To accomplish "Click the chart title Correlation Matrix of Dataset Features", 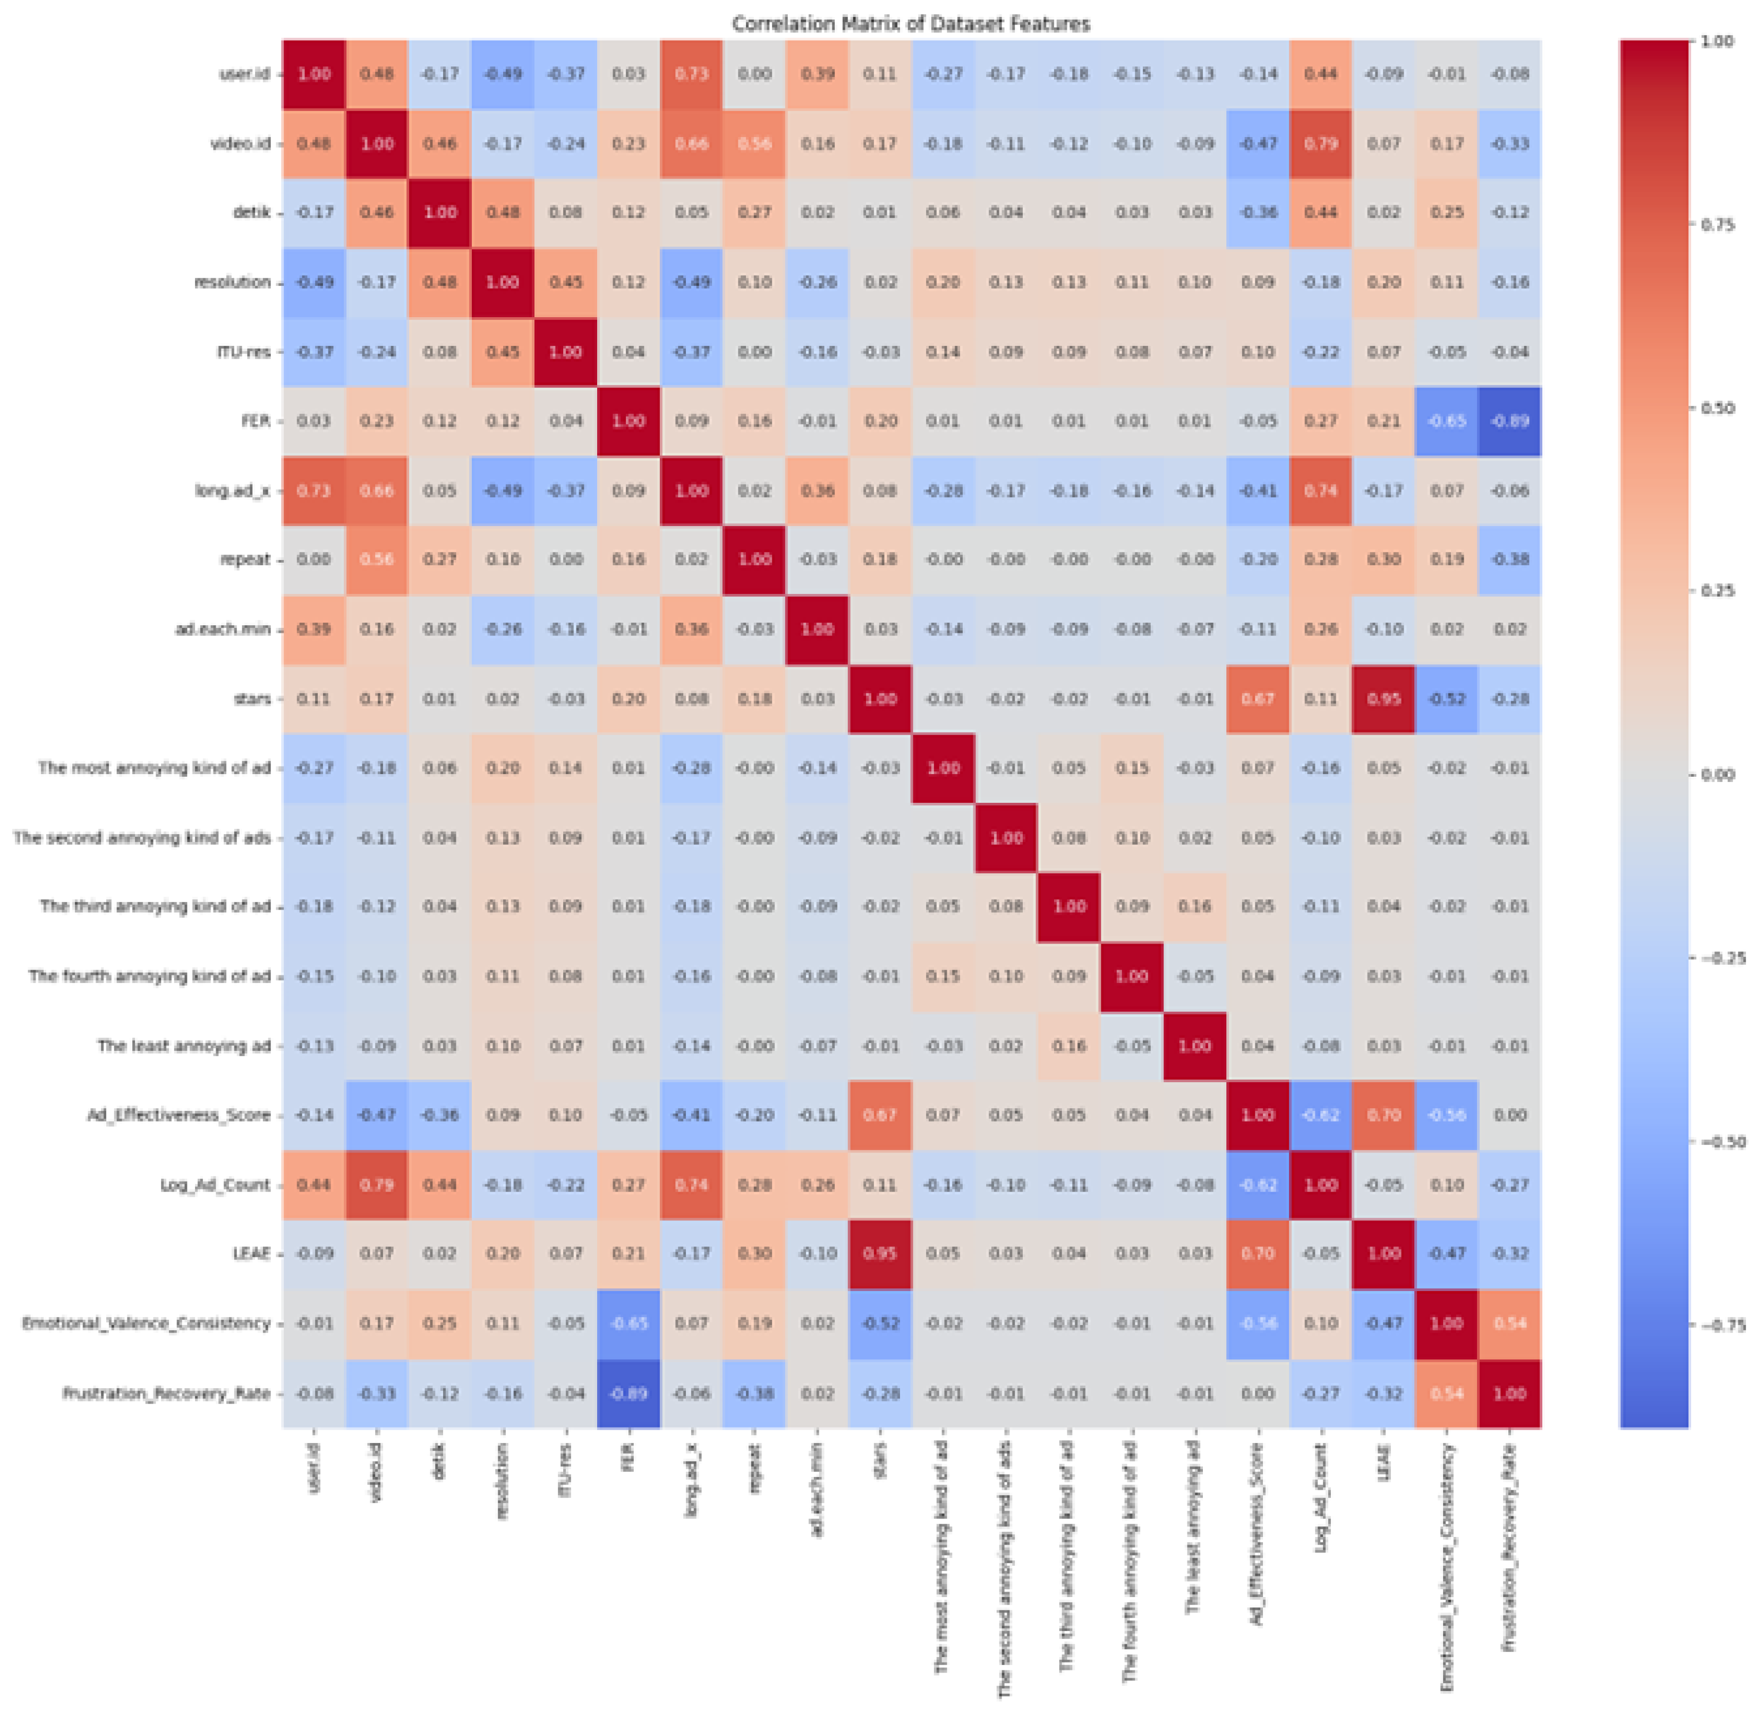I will (911, 23).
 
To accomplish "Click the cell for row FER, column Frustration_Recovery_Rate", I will (1509, 421).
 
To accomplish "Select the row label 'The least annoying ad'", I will (184, 1046).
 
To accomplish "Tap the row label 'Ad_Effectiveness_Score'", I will (179, 1115).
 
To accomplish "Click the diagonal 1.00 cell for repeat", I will (754, 559).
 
